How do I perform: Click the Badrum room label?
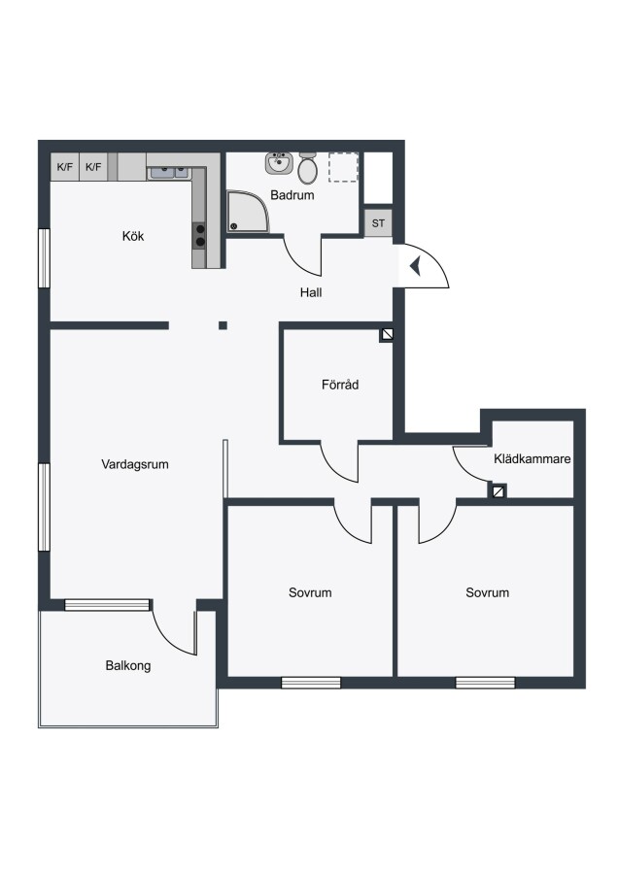(292, 195)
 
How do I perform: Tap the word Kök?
(133, 236)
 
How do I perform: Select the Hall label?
(311, 292)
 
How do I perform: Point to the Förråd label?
(340, 384)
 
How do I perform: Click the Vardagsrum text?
(135, 464)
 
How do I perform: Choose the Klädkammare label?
(532, 458)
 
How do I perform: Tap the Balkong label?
(127, 665)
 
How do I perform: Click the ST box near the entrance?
(378, 223)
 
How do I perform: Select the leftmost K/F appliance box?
(65, 167)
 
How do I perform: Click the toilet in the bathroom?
(307, 168)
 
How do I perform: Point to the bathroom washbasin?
(278, 163)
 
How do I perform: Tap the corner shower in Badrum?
(248, 212)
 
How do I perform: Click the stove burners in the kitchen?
(199, 236)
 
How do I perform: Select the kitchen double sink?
(169, 172)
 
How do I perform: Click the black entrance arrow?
(416, 266)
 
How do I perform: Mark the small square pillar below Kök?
(223, 325)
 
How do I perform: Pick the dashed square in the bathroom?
(343, 167)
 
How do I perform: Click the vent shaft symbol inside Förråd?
(387, 334)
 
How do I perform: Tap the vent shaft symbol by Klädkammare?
(498, 491)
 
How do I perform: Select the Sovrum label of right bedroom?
(487, 592)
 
